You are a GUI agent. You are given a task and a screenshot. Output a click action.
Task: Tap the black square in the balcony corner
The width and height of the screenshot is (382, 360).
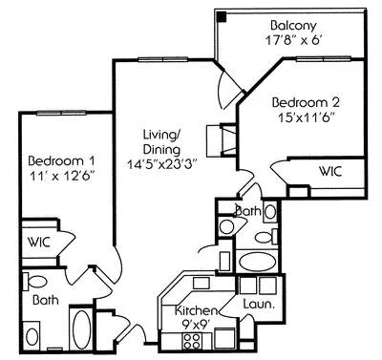tap(222, 15)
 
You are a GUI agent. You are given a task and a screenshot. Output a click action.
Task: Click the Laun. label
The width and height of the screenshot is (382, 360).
tap(259, 306)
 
